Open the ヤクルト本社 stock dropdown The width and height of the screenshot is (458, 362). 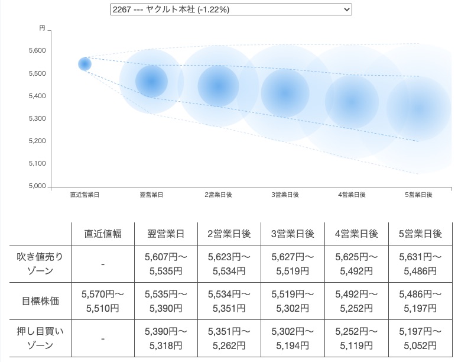pos(230,9)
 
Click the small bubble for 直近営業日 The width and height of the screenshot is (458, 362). pos(85,64)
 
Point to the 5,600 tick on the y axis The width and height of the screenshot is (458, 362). pos(37,51)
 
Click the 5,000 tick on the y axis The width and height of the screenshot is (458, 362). pos(37,186)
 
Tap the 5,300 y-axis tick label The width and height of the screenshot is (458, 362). pos(37,119)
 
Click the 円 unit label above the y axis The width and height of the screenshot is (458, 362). pos(42,28)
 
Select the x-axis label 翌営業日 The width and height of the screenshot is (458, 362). pos(151,195)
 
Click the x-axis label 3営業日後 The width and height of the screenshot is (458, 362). pos(285,195)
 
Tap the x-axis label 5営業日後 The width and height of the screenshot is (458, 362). pos(418,195)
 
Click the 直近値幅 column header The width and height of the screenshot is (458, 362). pos(103,234)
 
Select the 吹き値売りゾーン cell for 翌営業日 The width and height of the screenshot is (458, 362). pos(166,264)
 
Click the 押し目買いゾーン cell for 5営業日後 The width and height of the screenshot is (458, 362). pos(420,339)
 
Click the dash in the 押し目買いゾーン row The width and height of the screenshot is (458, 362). pos(103,339)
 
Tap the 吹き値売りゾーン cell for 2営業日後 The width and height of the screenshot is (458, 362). pos(230,264)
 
